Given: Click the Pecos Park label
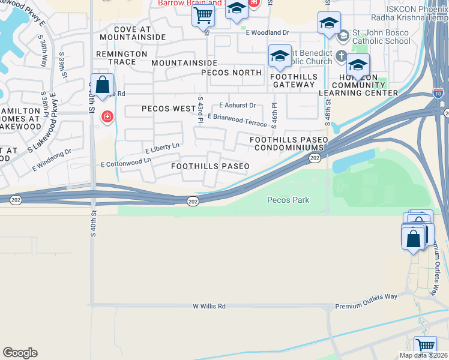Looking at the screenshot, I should [x=288, y=200].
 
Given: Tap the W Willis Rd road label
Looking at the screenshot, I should [x=209, y=306].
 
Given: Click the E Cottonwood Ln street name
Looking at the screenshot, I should [x=125, y=163].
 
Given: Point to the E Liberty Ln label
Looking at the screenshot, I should [x=162, y=146].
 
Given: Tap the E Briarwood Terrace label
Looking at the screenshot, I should [x=237, y=120].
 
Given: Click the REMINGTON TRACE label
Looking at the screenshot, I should [x=122, y=53].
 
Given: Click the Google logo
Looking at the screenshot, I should [x=20, y=353].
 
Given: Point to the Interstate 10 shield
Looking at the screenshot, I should [x=438, y=93].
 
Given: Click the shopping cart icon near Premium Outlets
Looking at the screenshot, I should [x=425, y=345].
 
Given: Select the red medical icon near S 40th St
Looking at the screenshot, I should [x=107, y=116].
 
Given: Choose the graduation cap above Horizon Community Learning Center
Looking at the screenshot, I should [x=358, y=64].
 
